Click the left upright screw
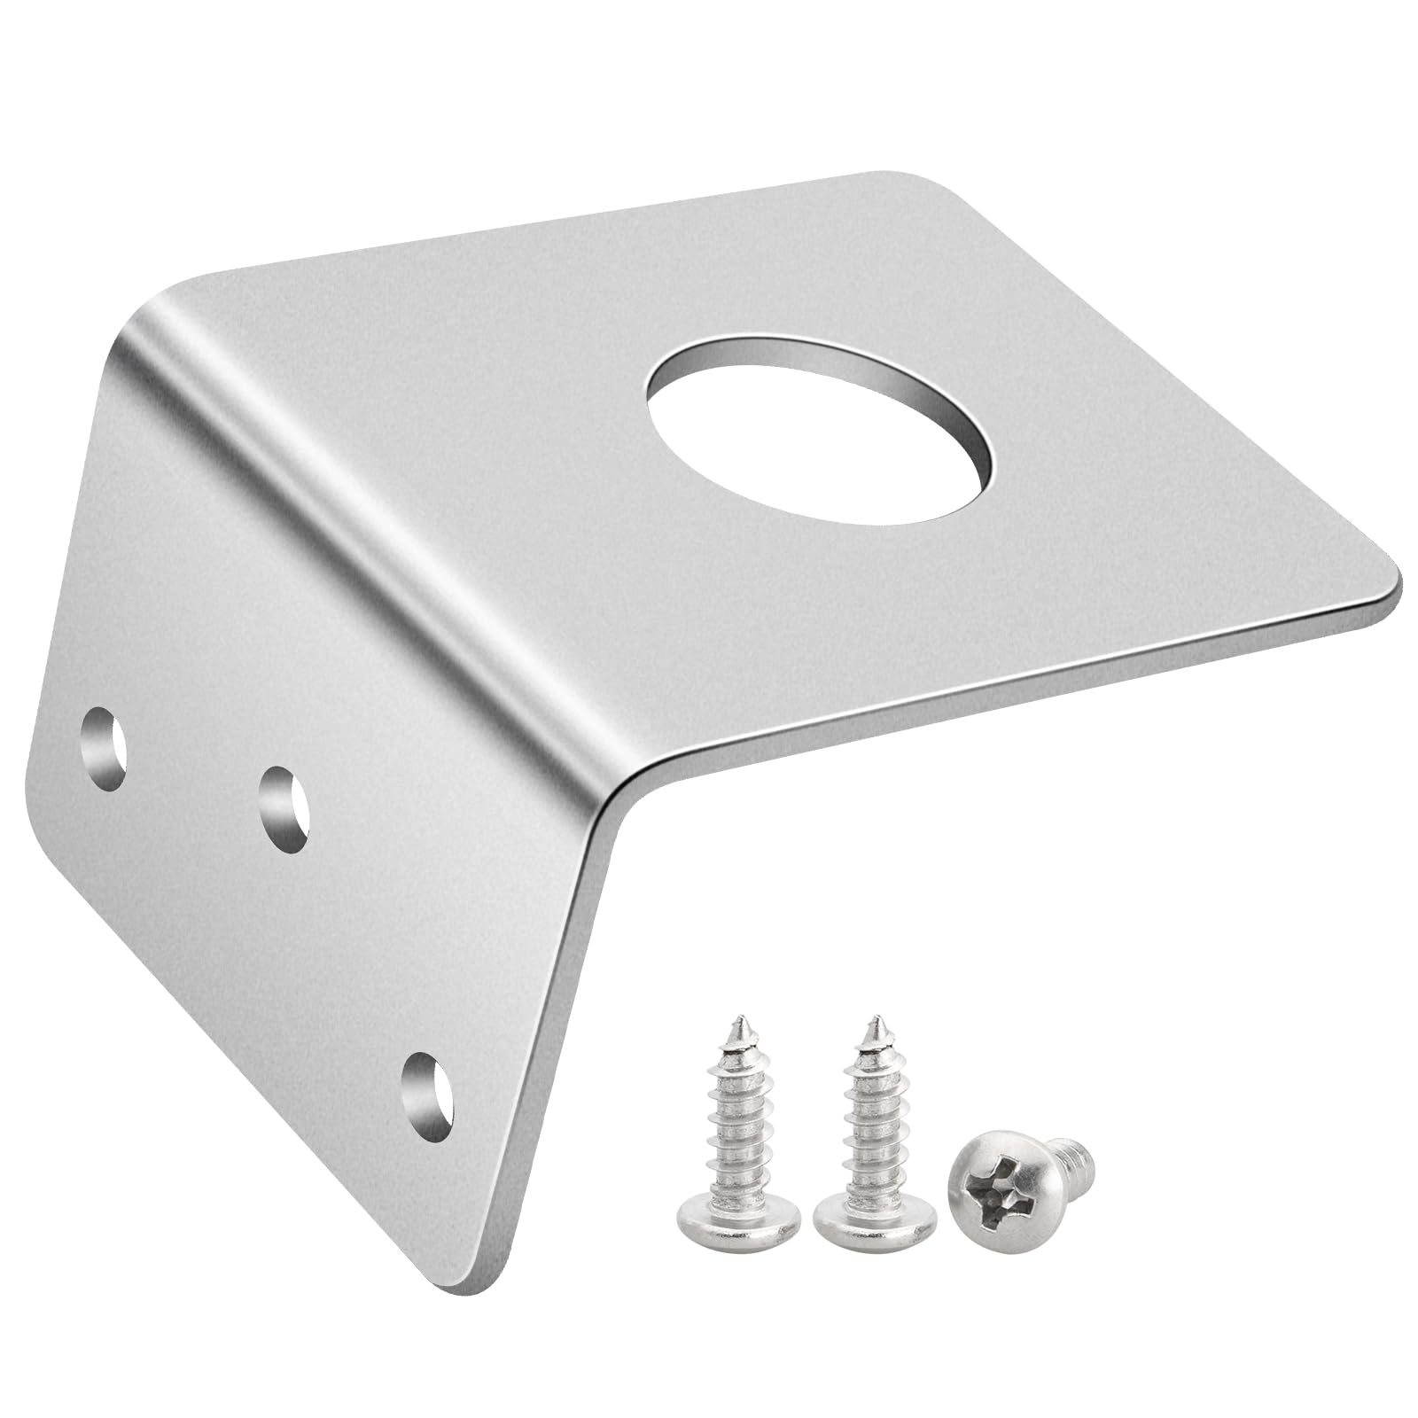[x=739, y=1134]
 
